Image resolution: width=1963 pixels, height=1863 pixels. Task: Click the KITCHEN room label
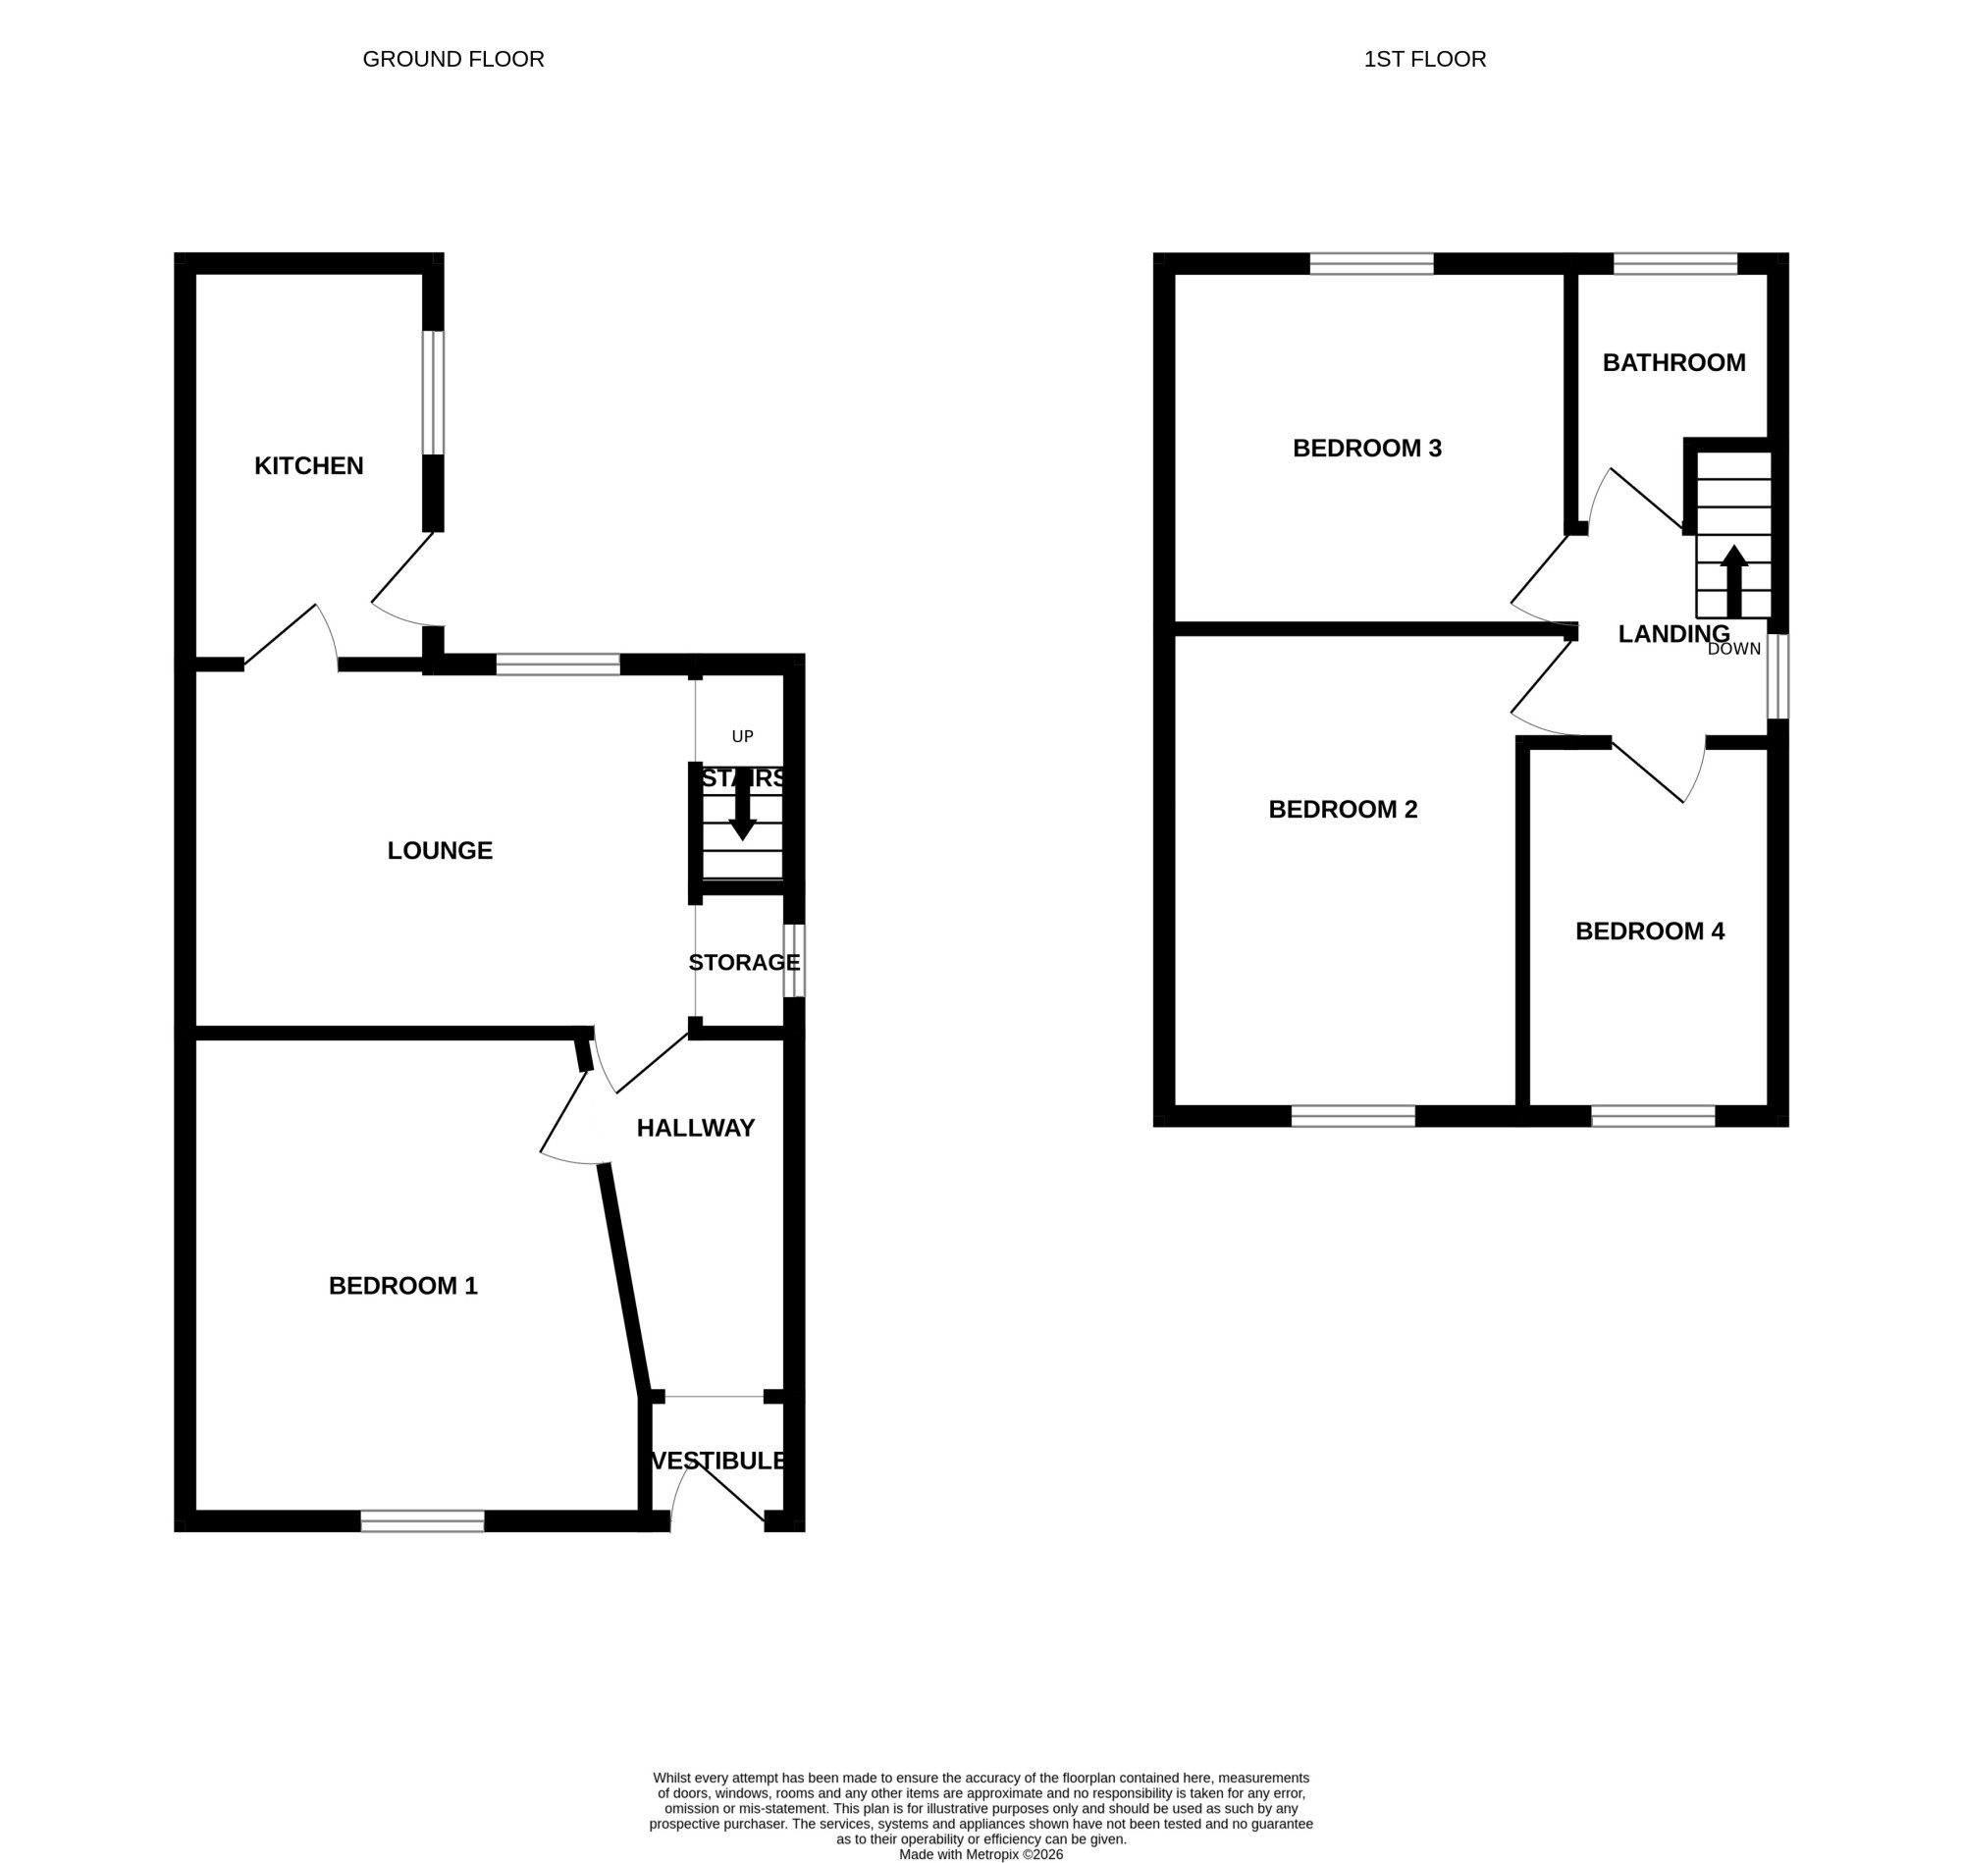309,465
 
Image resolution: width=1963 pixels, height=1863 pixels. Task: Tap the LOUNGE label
440,850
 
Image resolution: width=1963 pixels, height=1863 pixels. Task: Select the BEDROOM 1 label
403,1286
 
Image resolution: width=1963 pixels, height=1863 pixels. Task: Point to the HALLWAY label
696,1128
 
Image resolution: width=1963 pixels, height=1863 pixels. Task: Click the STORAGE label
745,962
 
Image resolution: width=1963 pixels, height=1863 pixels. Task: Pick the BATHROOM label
1674,362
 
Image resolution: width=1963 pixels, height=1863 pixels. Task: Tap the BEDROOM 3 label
1367,448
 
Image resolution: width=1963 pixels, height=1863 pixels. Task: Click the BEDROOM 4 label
1650,931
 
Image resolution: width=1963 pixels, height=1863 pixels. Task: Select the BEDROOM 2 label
1344,810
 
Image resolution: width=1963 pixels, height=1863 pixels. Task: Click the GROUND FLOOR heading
453,60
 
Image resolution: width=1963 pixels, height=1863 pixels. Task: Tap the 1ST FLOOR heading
1425,60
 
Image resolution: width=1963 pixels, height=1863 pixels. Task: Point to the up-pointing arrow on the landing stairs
1733,582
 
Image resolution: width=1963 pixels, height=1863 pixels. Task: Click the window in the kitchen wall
433,394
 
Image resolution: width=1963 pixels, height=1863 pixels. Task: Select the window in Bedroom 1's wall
423,1520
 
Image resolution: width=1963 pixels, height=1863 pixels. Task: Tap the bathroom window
1675,263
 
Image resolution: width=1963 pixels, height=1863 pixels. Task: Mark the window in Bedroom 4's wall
1653,1115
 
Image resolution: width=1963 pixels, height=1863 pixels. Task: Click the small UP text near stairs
743,737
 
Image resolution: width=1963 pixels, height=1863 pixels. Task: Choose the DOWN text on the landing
1734,650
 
